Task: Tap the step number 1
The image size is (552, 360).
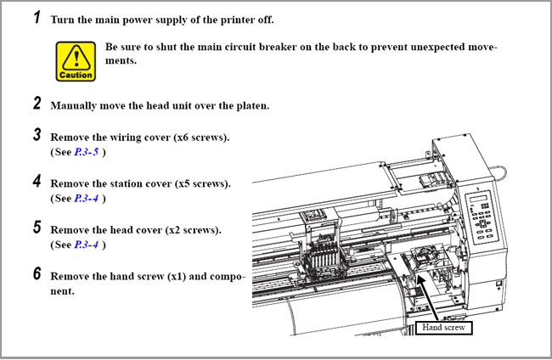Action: coord(37,18)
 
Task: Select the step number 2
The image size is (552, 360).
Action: coord(37,104)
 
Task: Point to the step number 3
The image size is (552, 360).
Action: coord(37,134)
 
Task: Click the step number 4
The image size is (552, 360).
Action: coord(37,181)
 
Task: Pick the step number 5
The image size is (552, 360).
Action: coord(37,228)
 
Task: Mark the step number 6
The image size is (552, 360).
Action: coord(37,274)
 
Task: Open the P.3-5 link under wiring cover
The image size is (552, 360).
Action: coord(87,152)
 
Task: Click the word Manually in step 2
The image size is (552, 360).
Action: coord(75,106)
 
